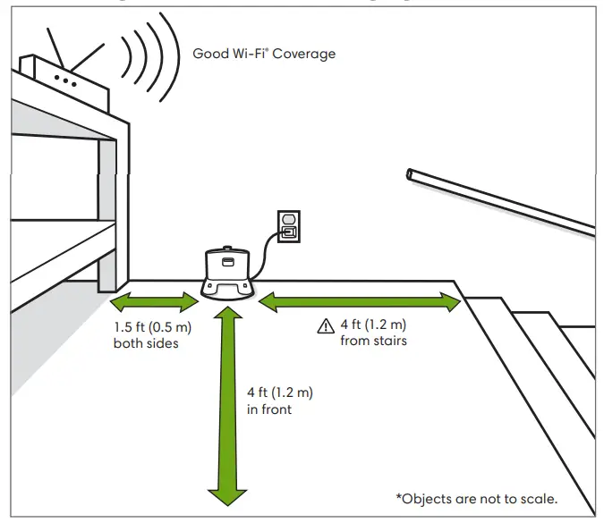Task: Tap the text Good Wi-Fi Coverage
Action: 264,54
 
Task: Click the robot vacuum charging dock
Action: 227,272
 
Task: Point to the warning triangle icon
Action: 326,328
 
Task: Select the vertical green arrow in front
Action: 227,402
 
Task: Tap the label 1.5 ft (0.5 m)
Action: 153,328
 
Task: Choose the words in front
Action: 269,409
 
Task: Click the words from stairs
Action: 373,341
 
